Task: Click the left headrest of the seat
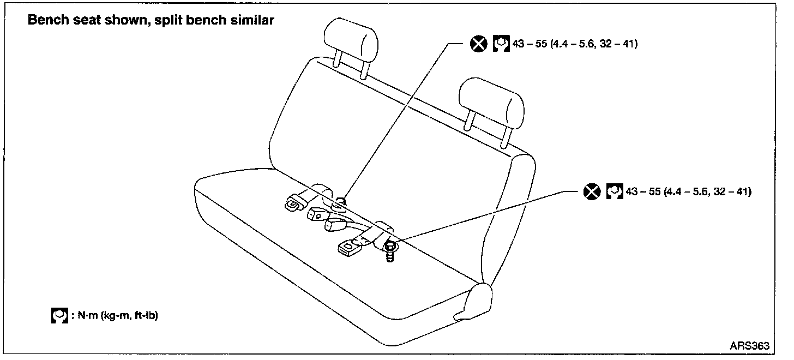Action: [x=351, y=35]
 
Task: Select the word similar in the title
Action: [x=252, y=21]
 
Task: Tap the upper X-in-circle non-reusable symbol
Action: [x=478, y=44]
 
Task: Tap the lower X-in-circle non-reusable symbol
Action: [x=591, y=191]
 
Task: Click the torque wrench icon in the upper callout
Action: [x=501, y=44]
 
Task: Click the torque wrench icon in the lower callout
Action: [x=614, y=191]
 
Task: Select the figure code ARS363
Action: [x=749, y=345]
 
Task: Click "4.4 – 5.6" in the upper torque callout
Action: [x=573, y=44]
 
